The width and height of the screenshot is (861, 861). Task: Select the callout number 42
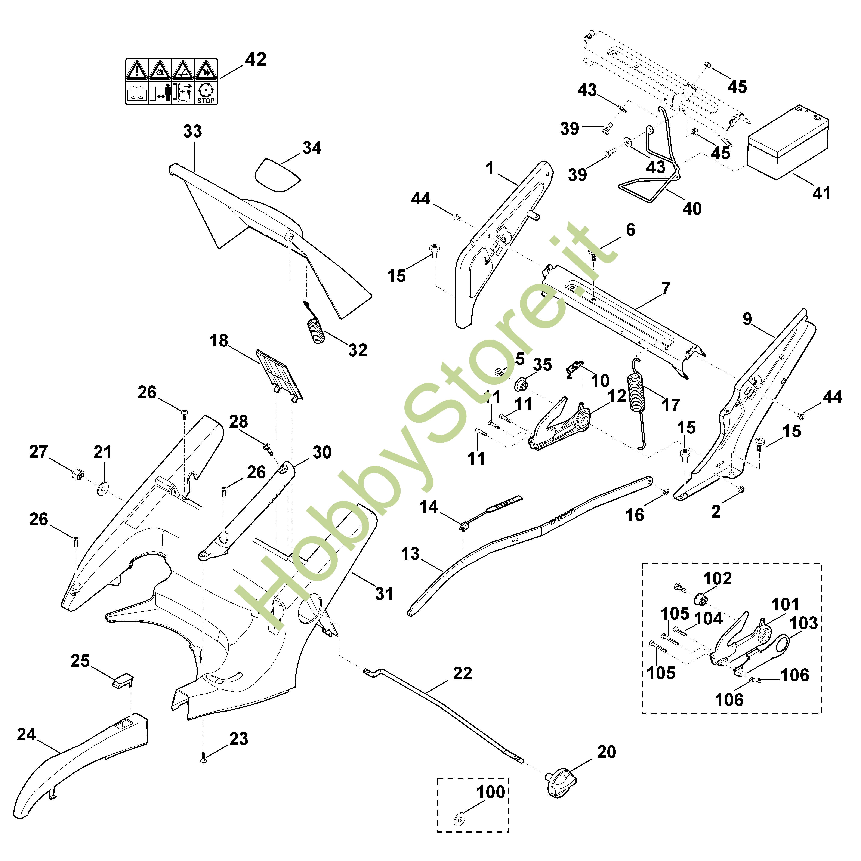coord(255,59)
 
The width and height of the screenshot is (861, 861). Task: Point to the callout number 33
coord(192,132)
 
